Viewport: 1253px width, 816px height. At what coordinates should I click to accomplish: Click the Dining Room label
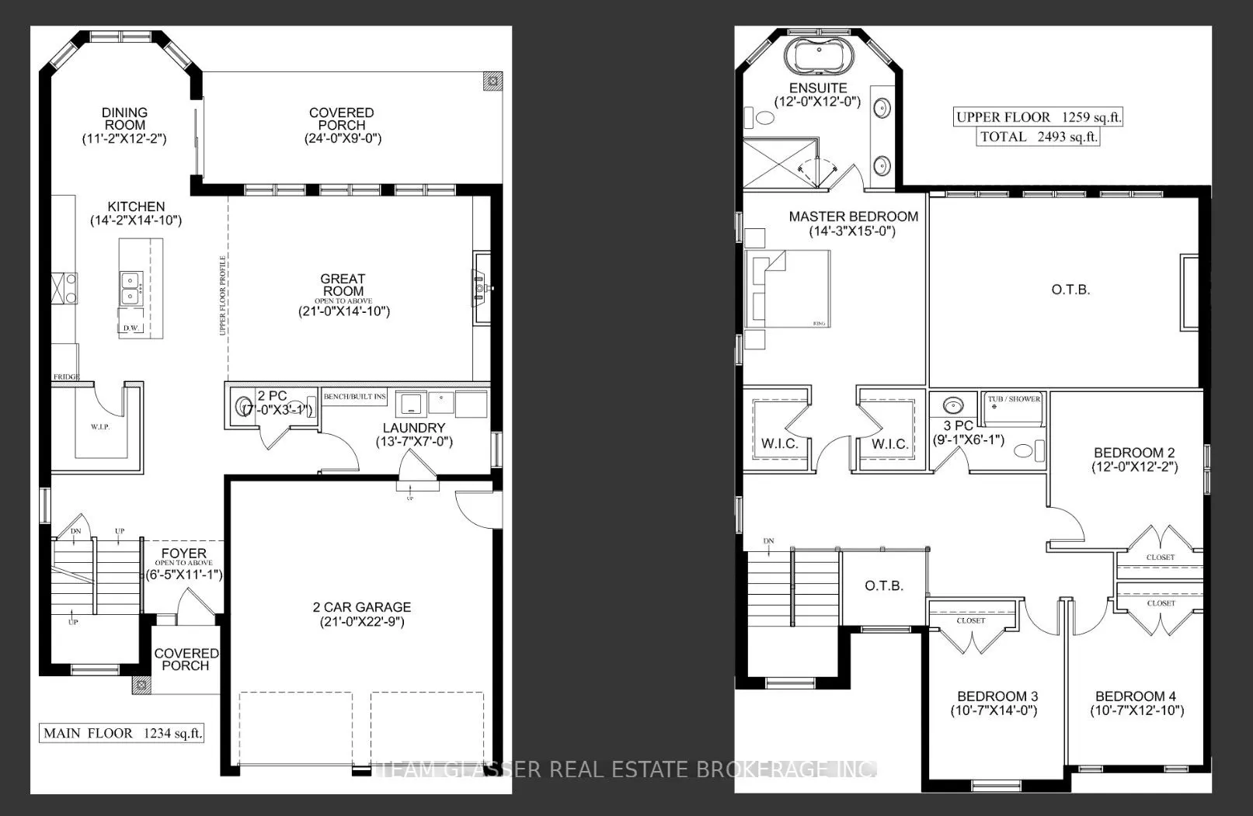click(x=124, y=119)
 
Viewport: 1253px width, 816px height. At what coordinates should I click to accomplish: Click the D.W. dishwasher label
click(x=131, y=328)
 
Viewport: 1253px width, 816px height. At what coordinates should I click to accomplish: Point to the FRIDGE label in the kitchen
click(x=66, y=377)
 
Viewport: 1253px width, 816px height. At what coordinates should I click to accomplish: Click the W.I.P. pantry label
click(x=99, y=427)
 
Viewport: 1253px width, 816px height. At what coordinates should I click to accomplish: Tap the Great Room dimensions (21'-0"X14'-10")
click(x=343, y=312)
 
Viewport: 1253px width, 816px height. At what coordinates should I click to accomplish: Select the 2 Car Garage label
click(x=362, y=607)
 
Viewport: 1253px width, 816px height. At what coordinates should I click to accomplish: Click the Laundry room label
click(x=414, y=428)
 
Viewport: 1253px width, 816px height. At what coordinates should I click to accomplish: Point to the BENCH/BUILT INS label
click(x=355, y=397)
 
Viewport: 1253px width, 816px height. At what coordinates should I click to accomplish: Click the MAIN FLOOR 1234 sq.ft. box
click(x=122, y=733)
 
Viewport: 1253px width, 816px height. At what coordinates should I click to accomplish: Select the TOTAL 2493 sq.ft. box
click(x=1039, y=137)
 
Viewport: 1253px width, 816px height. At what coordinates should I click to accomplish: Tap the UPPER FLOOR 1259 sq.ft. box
click(x=1039, y=117)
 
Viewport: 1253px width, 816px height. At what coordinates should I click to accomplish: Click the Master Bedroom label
click(x=853, y=217)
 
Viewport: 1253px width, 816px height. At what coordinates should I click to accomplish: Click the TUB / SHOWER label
click(x=1014, y=399)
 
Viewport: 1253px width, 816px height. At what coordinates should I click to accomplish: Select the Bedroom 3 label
click(x=997, y=696)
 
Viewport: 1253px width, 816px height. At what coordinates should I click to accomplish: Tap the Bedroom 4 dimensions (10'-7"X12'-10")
click(x=1137, y=710)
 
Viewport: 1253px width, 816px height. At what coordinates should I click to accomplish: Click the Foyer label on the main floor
click(x=184, y=554)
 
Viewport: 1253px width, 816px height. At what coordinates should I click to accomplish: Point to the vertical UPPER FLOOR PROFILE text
click(x=223, y=295)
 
